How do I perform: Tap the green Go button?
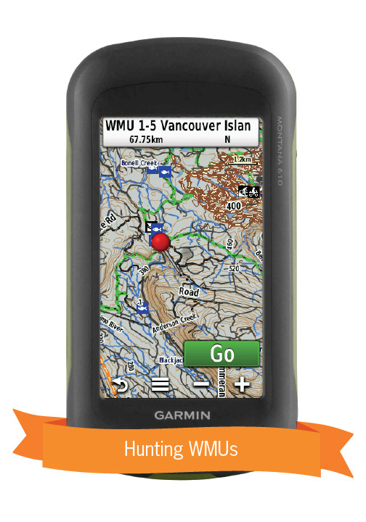point(221,354)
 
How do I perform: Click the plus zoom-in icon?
point(242,385)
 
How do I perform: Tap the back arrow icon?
point(119,385)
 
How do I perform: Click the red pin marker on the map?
point(161,242)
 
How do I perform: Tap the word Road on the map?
point(188,292)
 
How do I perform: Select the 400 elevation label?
point(233,206)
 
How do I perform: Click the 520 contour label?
point(233,268)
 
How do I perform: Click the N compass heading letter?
point(227,139)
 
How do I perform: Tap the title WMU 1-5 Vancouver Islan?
point(178,125)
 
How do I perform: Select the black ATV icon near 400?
point(248,192)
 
